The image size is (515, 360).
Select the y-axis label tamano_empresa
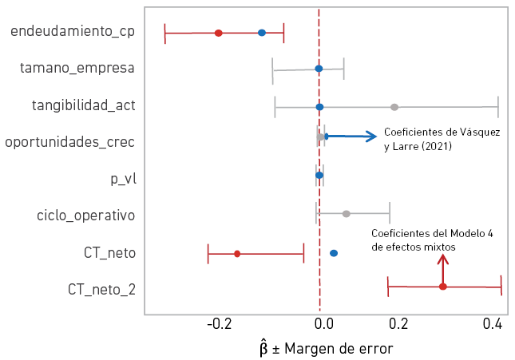[77, 69]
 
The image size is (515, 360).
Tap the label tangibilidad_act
[83, 105]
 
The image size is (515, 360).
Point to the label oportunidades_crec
[69, 142]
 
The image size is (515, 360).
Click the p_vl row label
[123, 178]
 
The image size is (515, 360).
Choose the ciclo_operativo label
[85, 215]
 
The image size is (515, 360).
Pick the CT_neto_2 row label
[101, 288]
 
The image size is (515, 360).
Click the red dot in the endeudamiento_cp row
[218, 33]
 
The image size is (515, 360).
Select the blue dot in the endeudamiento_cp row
[262, 33]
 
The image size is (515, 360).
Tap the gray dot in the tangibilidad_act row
[394, 106]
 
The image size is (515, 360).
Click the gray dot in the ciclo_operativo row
[346, 214]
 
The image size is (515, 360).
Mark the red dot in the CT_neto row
[237, 254]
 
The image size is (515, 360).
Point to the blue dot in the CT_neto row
[334, 253]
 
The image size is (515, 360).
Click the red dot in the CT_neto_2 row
[443, 286]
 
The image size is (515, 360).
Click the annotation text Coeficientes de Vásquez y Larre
[442, 139]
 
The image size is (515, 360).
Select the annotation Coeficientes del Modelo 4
[432, 240]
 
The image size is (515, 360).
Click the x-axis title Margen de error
[327, 349]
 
